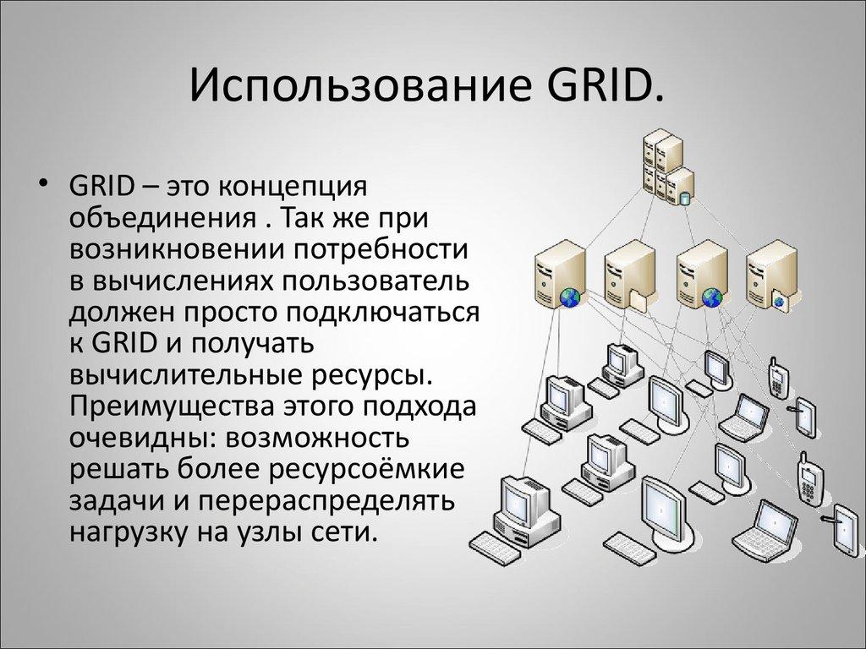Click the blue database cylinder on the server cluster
click(684, 199)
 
